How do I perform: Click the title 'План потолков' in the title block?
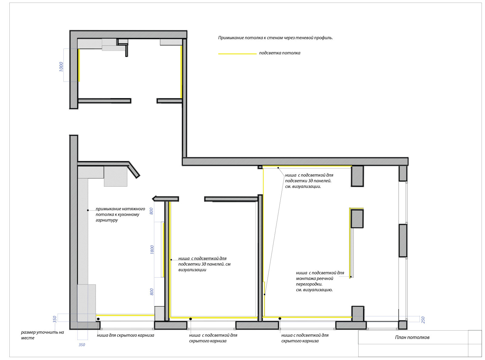[412, 337]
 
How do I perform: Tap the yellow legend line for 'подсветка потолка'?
[237, 54]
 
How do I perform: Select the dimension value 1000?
[61, 66]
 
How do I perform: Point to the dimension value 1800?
[152, 250]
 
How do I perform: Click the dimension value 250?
[423, 320]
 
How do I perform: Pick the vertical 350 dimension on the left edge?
[55, 319]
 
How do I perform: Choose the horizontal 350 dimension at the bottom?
[82, 345]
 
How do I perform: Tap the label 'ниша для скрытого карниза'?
[125, 335]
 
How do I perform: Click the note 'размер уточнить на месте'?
[42, 335]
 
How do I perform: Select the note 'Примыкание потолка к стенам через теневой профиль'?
[276, 38]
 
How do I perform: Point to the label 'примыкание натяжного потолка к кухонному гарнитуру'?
[120, 215]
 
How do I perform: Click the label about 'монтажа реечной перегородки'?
[320, 281]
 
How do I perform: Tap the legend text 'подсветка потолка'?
[280, 53]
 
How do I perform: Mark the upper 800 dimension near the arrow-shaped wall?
[151, 211]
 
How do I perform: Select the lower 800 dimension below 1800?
[152, 292]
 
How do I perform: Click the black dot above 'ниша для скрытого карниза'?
[98, 319]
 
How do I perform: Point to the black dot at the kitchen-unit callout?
[88, 210]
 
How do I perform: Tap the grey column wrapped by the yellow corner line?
[357, 219]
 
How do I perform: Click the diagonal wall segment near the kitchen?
[134, 170]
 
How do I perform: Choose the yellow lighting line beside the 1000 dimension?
[79, 65]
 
